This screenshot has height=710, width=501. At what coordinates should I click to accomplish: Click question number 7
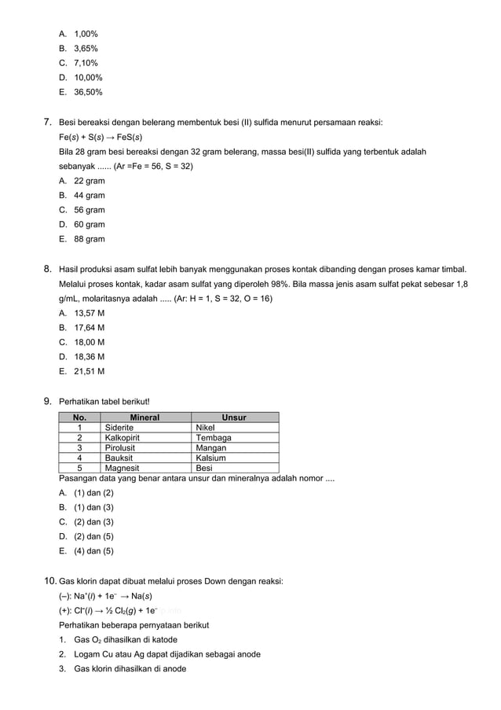[x=48, y=122]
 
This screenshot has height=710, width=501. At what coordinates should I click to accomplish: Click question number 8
[x=48, y=269]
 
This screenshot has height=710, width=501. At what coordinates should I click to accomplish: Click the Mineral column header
[x=144, y=418]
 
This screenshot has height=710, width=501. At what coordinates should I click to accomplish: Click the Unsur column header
[x=234, y=418]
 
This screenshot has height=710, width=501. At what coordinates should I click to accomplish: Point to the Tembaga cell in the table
[x=214, y=437]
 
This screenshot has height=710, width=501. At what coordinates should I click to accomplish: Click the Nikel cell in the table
[x=206, y=428]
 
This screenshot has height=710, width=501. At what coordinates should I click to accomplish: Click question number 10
[x=49, y=581]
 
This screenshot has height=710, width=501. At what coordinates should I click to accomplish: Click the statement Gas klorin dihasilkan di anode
[x=130, y=668]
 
